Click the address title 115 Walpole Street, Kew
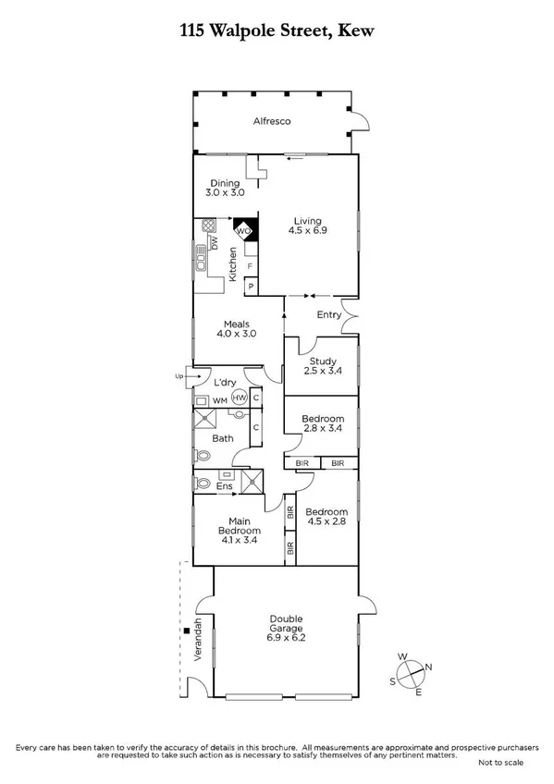277,30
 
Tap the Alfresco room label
274,121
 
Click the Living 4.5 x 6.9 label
307,227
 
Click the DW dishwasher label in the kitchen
214,243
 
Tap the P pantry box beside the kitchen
250,288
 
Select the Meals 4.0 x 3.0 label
234,327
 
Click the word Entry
328,315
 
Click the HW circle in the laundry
239,398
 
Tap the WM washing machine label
219,399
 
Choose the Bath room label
223,438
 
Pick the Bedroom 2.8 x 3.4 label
323,424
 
